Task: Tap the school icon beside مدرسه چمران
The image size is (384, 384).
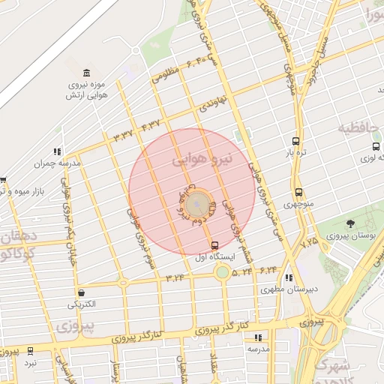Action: tap(58, 151)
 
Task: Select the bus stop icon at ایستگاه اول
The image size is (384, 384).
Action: tap(215, 245)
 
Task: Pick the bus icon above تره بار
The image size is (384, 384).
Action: tap(297, 141)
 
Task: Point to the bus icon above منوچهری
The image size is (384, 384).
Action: tap(299, 192)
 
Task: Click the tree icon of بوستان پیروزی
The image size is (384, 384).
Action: tap(350, 223)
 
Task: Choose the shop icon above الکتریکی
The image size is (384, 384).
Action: tap(82, 292)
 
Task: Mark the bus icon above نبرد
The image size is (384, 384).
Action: tap(30, 350)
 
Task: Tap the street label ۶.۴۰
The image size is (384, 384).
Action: tap(191, 61)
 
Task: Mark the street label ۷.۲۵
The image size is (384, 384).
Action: tap(309, 243)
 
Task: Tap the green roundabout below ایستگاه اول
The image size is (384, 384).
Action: tap(222, 271)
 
